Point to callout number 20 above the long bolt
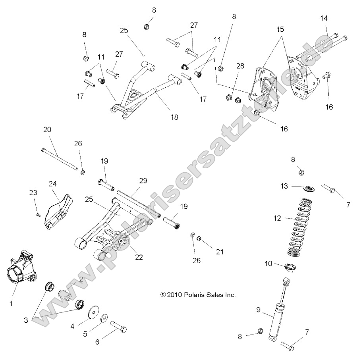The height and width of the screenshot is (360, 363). (47, 130)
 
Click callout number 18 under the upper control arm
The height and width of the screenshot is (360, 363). (174, 117)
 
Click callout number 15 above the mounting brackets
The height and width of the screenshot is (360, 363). (280, 29)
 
